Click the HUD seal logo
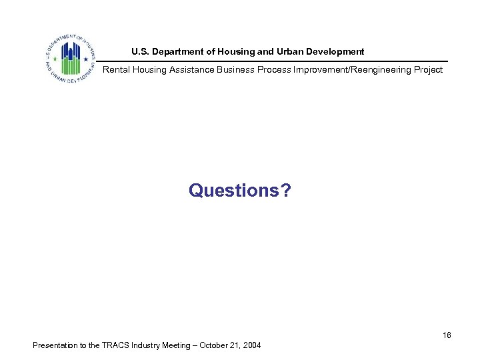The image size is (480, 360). [x=70, y=57]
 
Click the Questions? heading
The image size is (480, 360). [x=239, y=191]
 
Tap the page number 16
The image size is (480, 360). [x=447, y=335]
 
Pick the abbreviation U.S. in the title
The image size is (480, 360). [x=141, y=51]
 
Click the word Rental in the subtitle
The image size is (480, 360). [x=115, y=69]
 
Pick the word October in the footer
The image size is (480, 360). [x=227, y=345]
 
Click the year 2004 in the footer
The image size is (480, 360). [x=253, y=345]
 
